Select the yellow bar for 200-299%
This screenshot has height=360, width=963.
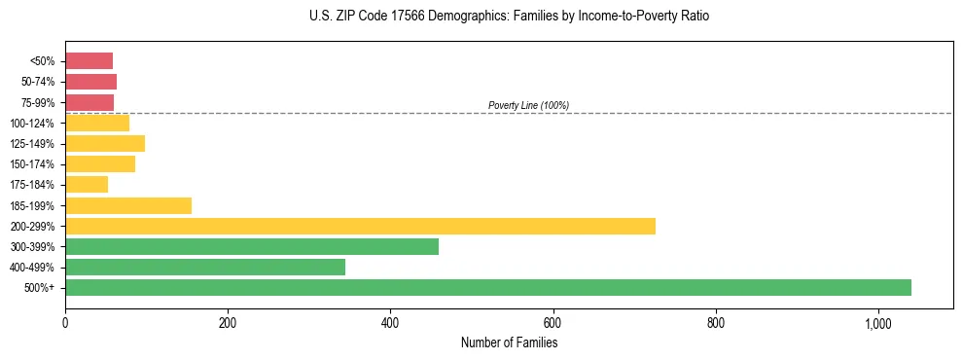360,226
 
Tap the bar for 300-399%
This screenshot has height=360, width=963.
252,246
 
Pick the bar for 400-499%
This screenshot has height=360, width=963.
205,267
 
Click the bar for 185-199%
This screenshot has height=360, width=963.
128,205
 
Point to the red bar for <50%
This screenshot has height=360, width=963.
89,61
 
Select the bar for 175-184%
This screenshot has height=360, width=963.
87,185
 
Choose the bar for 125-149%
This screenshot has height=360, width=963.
105,144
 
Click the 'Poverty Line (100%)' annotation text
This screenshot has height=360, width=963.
528,105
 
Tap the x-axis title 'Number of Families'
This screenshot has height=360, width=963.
509,342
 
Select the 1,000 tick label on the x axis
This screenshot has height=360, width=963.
877,323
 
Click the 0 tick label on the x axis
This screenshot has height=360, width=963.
65,323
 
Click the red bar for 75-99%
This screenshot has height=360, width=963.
89,102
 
